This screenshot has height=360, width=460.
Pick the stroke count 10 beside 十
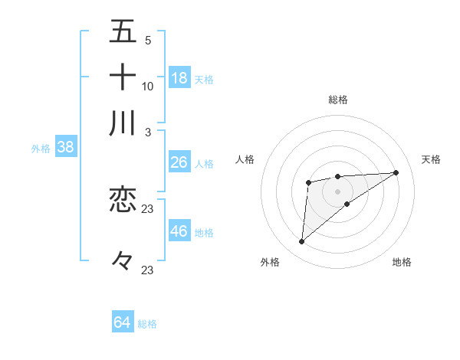pyautogui.click(x=148, y=86)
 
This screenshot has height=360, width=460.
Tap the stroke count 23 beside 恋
pyautogui.click(x=148, y=209)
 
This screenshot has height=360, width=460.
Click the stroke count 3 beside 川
pyautogui.click(x=148, y=132)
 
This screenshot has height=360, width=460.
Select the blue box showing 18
pyautogui.click(x=179, y=77)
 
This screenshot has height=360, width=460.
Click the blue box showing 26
pyautogui.click(x=179, y=162)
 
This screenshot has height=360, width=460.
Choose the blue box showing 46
pyautogui.click(x=179, y=231)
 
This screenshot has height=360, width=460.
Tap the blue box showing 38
pyautogui.click(x=65, y=148)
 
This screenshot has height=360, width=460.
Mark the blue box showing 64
pyautogui.click(x=123, y=322)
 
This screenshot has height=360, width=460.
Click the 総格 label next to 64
pyautogui.click(x=147, y=324)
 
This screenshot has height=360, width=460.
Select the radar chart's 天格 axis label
pyautogui.click(x=431, y=159)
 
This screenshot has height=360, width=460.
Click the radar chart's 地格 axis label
pyautogui.click(x=402, y=262)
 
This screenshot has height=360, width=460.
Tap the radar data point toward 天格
pyautogui.click(x=396, y=172)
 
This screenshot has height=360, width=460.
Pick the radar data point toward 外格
pyautogui.click(x=302, y=242)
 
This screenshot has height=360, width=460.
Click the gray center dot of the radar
pyautogui.click(x=337, y=191)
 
